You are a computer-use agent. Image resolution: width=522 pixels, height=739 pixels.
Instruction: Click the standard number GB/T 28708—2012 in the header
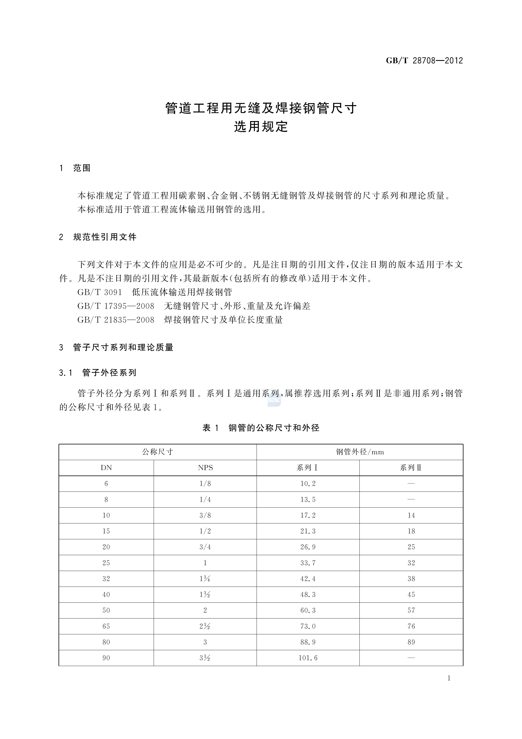[x=424, y=61]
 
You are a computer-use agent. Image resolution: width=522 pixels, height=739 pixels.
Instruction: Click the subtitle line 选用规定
[x=261, y=127]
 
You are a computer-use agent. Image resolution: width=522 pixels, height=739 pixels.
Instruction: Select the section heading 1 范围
[x=75, y=168]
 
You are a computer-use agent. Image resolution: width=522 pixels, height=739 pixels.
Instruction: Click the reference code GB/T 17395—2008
[x=116, y=306]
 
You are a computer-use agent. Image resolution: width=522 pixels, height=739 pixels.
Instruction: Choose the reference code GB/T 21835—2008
[x=116, y=320]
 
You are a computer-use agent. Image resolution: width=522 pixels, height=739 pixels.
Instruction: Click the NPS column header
[x=205, y=468]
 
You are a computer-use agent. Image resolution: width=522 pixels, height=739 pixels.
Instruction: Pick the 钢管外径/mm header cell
[x=360, y=452]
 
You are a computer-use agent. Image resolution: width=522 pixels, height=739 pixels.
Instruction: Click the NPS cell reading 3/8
[x=205, y=515]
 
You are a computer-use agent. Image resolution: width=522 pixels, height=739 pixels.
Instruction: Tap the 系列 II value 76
[x=411, y=626]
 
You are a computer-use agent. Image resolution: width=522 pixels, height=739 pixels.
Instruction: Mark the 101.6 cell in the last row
[x=308, y=658]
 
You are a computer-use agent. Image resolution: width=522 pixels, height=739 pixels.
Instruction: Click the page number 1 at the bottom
[x=449, y=678]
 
